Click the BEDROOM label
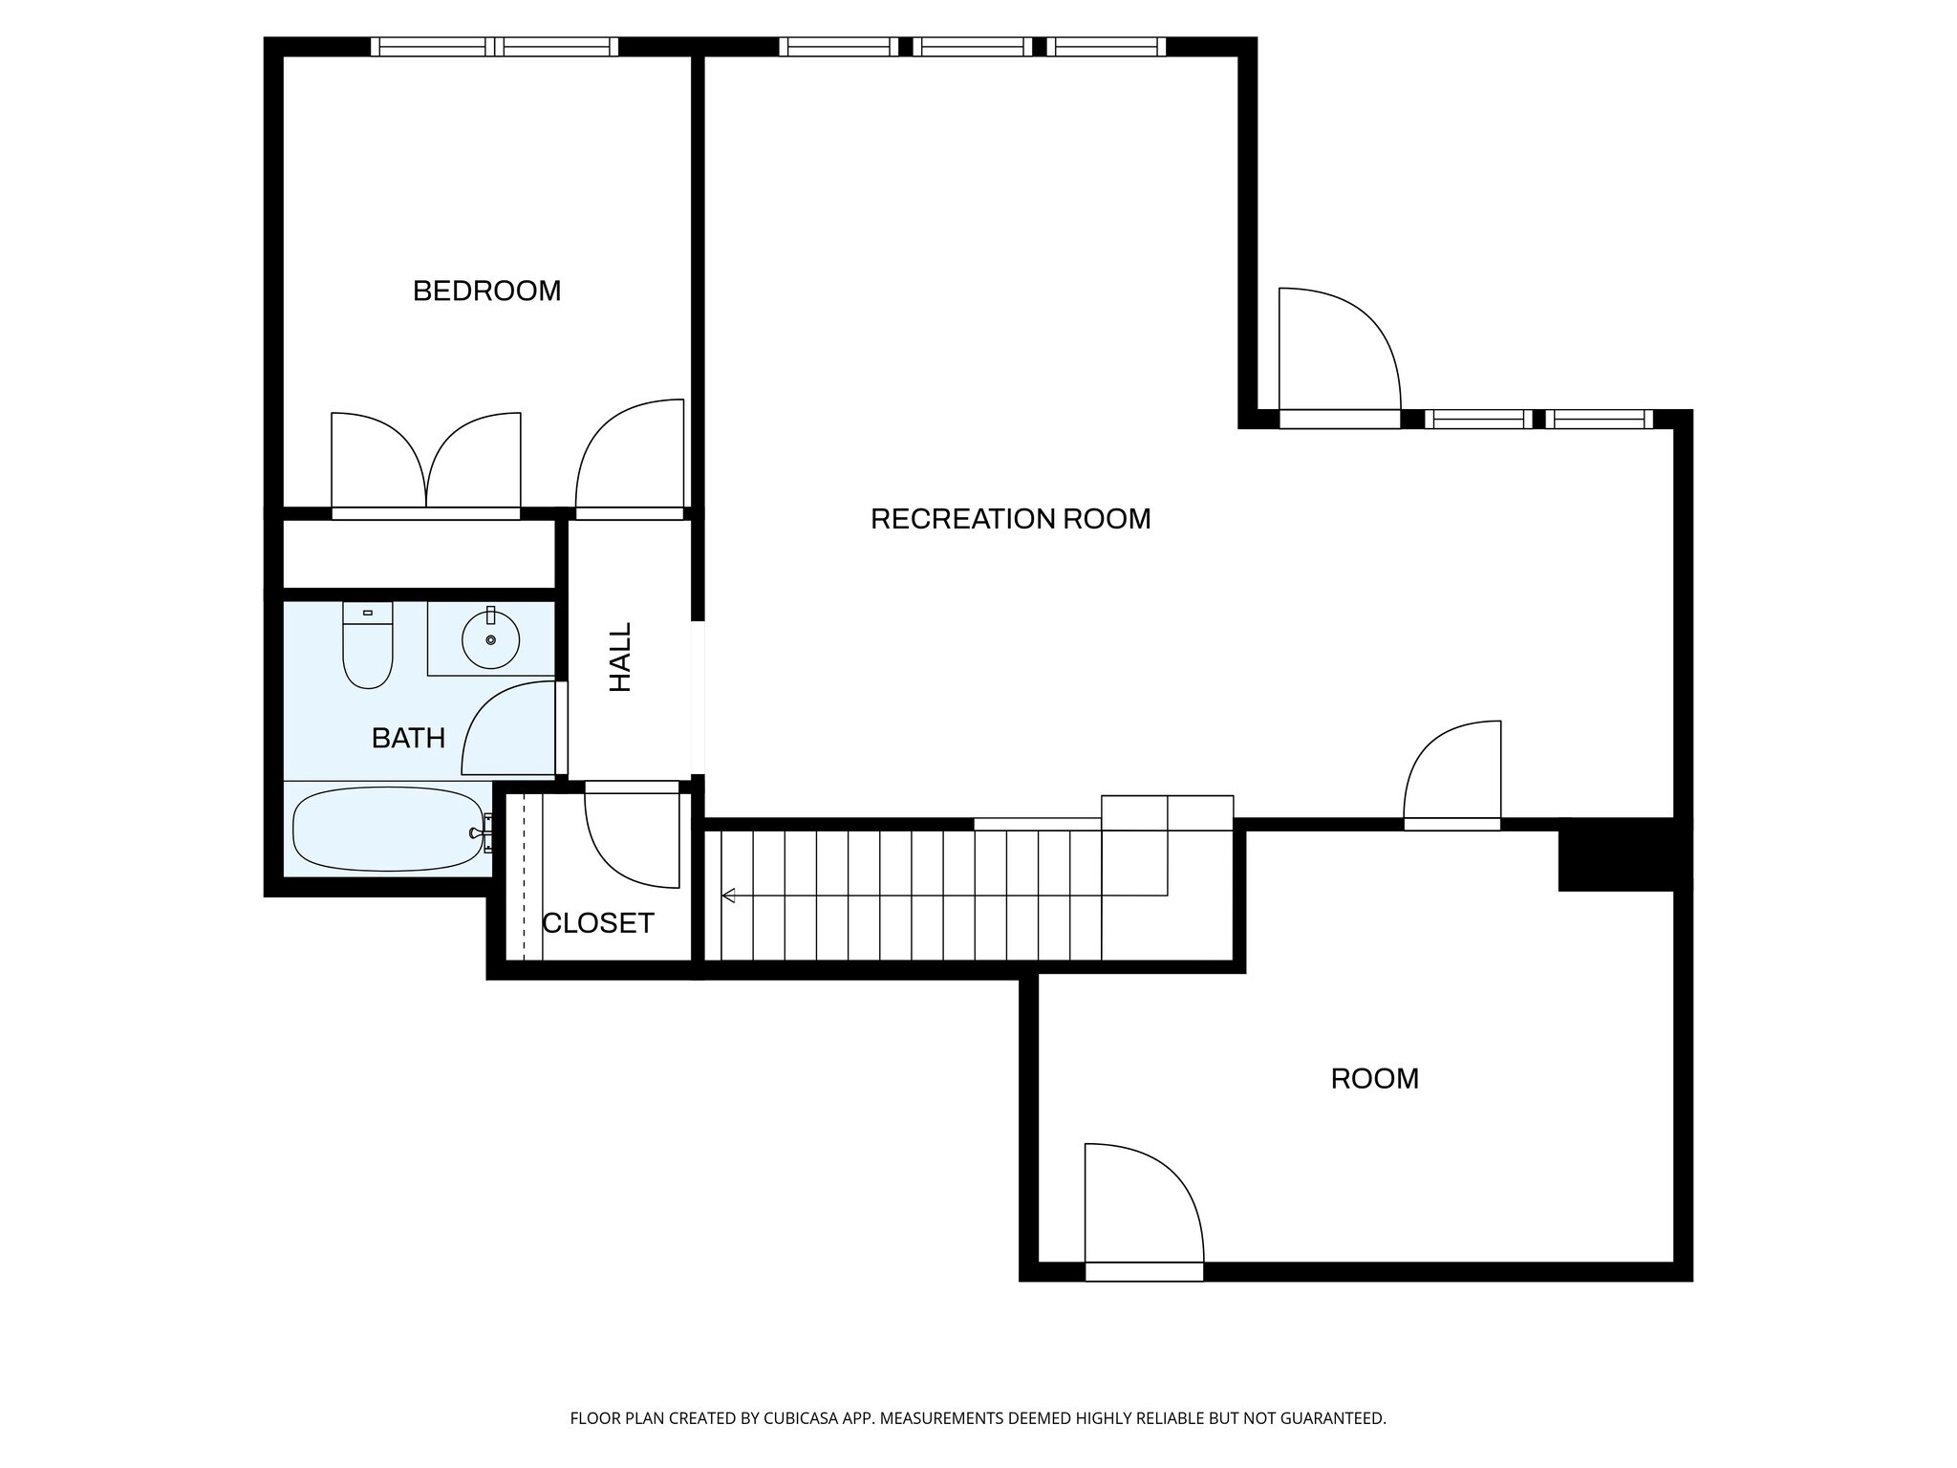coord(486,291)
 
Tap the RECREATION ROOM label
coord(1010,519)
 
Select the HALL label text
coord(621,658)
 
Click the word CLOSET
coord(598,923)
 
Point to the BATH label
coord(408,738)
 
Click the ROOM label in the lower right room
coord(1374,1079)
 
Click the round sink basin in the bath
coord(490,639)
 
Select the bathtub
coord(387,830)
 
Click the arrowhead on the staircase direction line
coord(728,896)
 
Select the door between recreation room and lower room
coord(1452,774)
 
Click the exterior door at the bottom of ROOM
coord(1143,1209)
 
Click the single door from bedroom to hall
coord(631,459)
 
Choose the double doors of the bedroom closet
coord(426,464)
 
